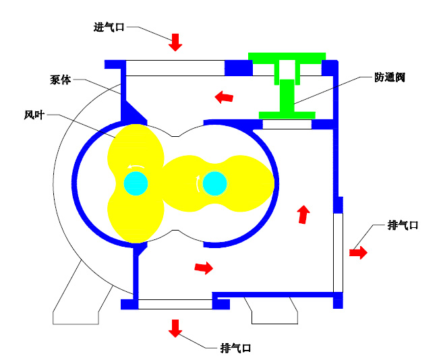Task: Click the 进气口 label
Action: click(109, 28)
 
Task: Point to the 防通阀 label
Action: click(390, 78)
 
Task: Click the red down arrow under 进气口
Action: click(175, 42)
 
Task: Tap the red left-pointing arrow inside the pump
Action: click(224, 98)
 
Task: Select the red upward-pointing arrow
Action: click(303, 214)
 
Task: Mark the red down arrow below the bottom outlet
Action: click(175, 328)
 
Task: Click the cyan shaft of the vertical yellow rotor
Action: click(136, 182)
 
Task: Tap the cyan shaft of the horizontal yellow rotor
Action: click(214, 182)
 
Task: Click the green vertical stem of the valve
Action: click(287, 95)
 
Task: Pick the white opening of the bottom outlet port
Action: click(175, 304)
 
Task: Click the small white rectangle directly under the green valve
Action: click(287, 124)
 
